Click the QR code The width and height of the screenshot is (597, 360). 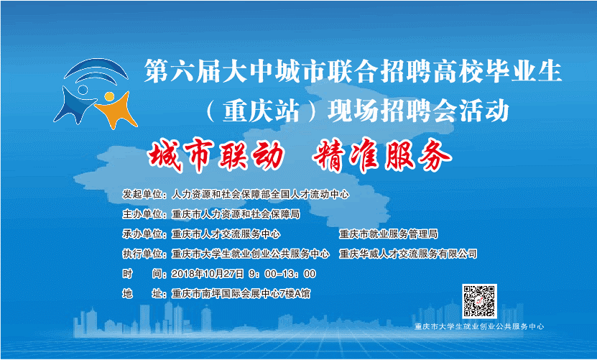(x=479, y=301)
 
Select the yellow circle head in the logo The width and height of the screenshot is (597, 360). (x=109, y=96)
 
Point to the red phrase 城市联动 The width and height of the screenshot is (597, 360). (x=216, y=155)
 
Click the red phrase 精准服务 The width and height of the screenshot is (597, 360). (x=382, y=155)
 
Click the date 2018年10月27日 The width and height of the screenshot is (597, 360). (x=208, y=274)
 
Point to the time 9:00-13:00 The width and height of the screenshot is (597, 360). (x=282, y=274)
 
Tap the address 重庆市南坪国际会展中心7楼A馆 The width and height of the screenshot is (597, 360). (x=241, y=293)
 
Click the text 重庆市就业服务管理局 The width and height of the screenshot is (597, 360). (x=389, y=234)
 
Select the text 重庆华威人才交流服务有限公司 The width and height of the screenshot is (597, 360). (x=408, y=254)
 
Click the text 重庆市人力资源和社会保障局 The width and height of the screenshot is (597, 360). (x=236, y=214)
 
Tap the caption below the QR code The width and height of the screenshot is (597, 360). (x=479, y=326)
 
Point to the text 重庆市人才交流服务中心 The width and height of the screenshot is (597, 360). (x=226, y=234)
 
